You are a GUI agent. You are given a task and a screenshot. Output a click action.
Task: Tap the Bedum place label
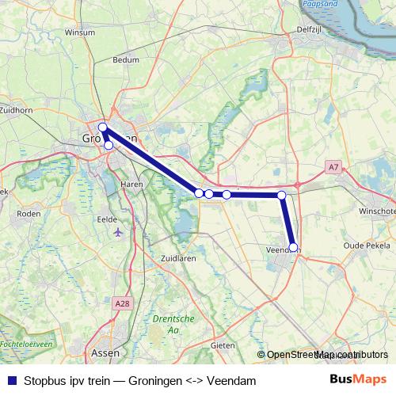click(127, 81)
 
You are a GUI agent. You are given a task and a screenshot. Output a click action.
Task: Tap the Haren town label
click(131, 183)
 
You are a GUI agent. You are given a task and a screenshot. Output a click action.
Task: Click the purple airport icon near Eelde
click(119, 233)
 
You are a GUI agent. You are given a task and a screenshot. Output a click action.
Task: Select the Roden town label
click(28, 213)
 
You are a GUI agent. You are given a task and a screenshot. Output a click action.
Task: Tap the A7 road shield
click(333, 166)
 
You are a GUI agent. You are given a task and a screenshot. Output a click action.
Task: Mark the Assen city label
click(105, 354)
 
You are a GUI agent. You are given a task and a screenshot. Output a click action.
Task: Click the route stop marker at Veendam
click(293, 247)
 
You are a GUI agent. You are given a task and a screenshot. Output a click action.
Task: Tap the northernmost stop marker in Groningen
click(102, 127)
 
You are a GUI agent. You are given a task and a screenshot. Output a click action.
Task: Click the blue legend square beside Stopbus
click(12, 381)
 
